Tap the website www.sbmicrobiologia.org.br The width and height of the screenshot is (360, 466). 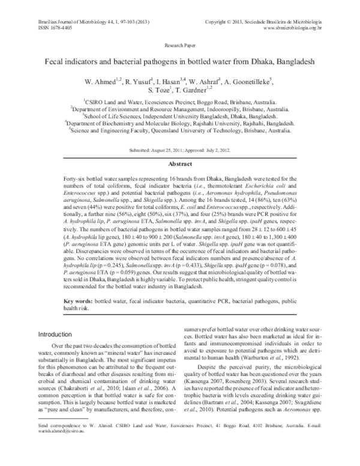[x=292, y=28]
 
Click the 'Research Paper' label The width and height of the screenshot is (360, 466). [x=179, y=46]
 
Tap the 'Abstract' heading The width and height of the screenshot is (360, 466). [x=179, y=163]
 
